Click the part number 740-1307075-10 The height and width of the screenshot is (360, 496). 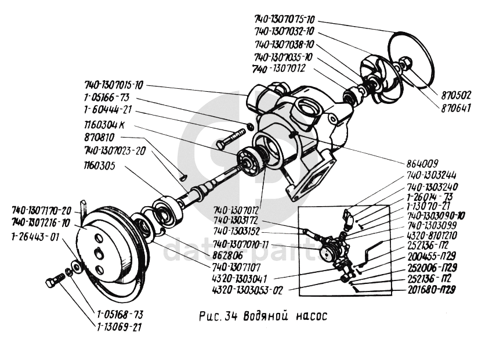point(284,18)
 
